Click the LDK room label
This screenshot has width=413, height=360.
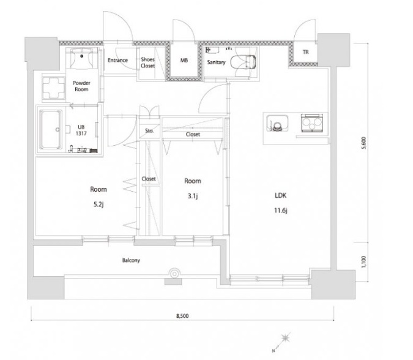280,195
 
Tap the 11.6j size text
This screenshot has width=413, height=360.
280,211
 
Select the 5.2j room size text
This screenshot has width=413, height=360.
99,204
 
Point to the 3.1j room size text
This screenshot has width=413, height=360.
193,196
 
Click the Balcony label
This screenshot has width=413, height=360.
131,260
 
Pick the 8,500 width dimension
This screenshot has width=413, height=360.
182,316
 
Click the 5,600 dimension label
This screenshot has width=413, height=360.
363,143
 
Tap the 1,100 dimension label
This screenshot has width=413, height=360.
363,262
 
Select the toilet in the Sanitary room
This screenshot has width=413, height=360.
243,62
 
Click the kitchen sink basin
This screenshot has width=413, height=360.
277,123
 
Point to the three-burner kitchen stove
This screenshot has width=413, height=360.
312,122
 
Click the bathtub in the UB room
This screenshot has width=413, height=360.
51,129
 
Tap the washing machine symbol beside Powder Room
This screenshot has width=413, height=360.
53,88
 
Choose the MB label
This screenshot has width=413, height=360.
184,61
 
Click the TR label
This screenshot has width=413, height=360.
305,52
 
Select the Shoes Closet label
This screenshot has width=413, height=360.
148,62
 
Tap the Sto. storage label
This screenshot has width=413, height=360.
149,130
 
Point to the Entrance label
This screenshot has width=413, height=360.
117,60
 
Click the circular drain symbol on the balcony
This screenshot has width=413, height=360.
174,274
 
